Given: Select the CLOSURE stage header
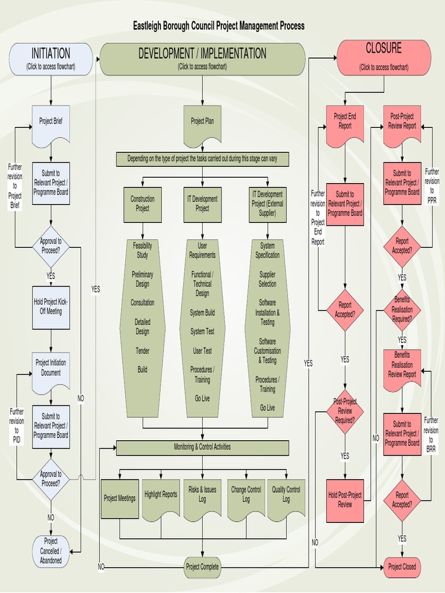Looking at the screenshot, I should point(384,57).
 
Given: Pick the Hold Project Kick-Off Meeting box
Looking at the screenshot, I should point(51,306).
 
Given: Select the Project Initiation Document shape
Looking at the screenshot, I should point(51,369).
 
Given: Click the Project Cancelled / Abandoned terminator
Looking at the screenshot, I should point(51,550).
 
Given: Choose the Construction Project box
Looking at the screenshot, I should point(143,204).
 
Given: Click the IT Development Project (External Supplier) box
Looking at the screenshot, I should point(268,204).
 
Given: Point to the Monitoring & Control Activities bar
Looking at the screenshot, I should point(202,447).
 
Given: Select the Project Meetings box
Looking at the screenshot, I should point(120,498).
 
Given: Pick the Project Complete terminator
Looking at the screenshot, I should point(202,567).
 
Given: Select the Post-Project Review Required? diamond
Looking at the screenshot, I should point(345,411).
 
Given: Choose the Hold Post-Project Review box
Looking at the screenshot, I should point(345,499).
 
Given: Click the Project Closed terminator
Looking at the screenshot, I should point(402,567).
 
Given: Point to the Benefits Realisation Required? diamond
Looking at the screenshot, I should point(402,309).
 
